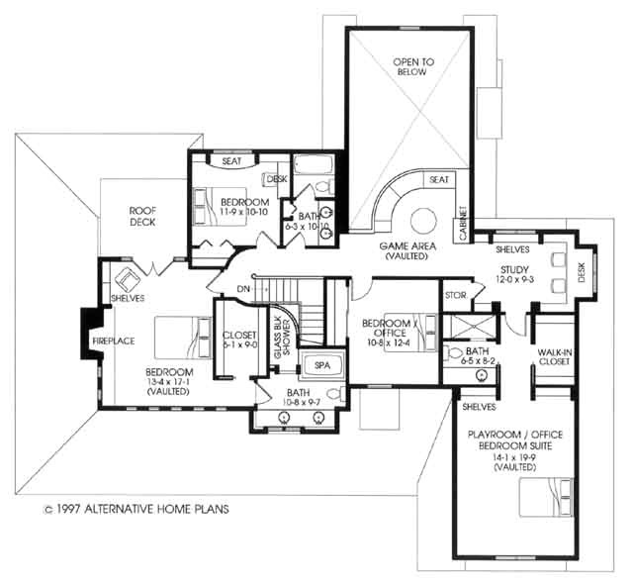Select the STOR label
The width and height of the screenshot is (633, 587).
pos(455,295)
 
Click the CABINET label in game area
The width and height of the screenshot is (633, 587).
pos(462,224)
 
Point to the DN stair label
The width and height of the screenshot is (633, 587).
pos(244,289)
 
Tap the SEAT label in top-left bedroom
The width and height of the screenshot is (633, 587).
pos(232,160)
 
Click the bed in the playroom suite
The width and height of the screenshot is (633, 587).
pos(546,494)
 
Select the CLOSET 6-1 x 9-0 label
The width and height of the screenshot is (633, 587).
pos(238,340)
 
